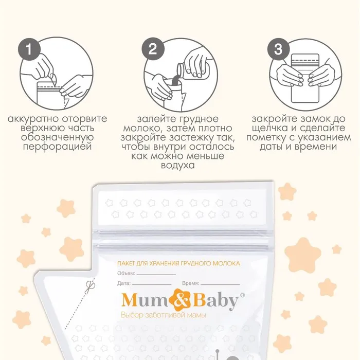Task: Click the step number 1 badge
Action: point(29,49)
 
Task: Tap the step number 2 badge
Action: point(153,49)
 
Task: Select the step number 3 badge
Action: point(279,49)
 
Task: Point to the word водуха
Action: point(178,166)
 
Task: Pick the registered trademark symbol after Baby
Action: point(242,295)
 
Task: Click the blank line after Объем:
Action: point(156,275)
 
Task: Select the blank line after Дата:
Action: point(152,285)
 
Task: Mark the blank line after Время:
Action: point(220,285)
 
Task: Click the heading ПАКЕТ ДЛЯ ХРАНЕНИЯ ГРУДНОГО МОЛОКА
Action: point(178,263)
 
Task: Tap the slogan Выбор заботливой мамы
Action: point(164,315)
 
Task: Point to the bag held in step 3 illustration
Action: point(305,78)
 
